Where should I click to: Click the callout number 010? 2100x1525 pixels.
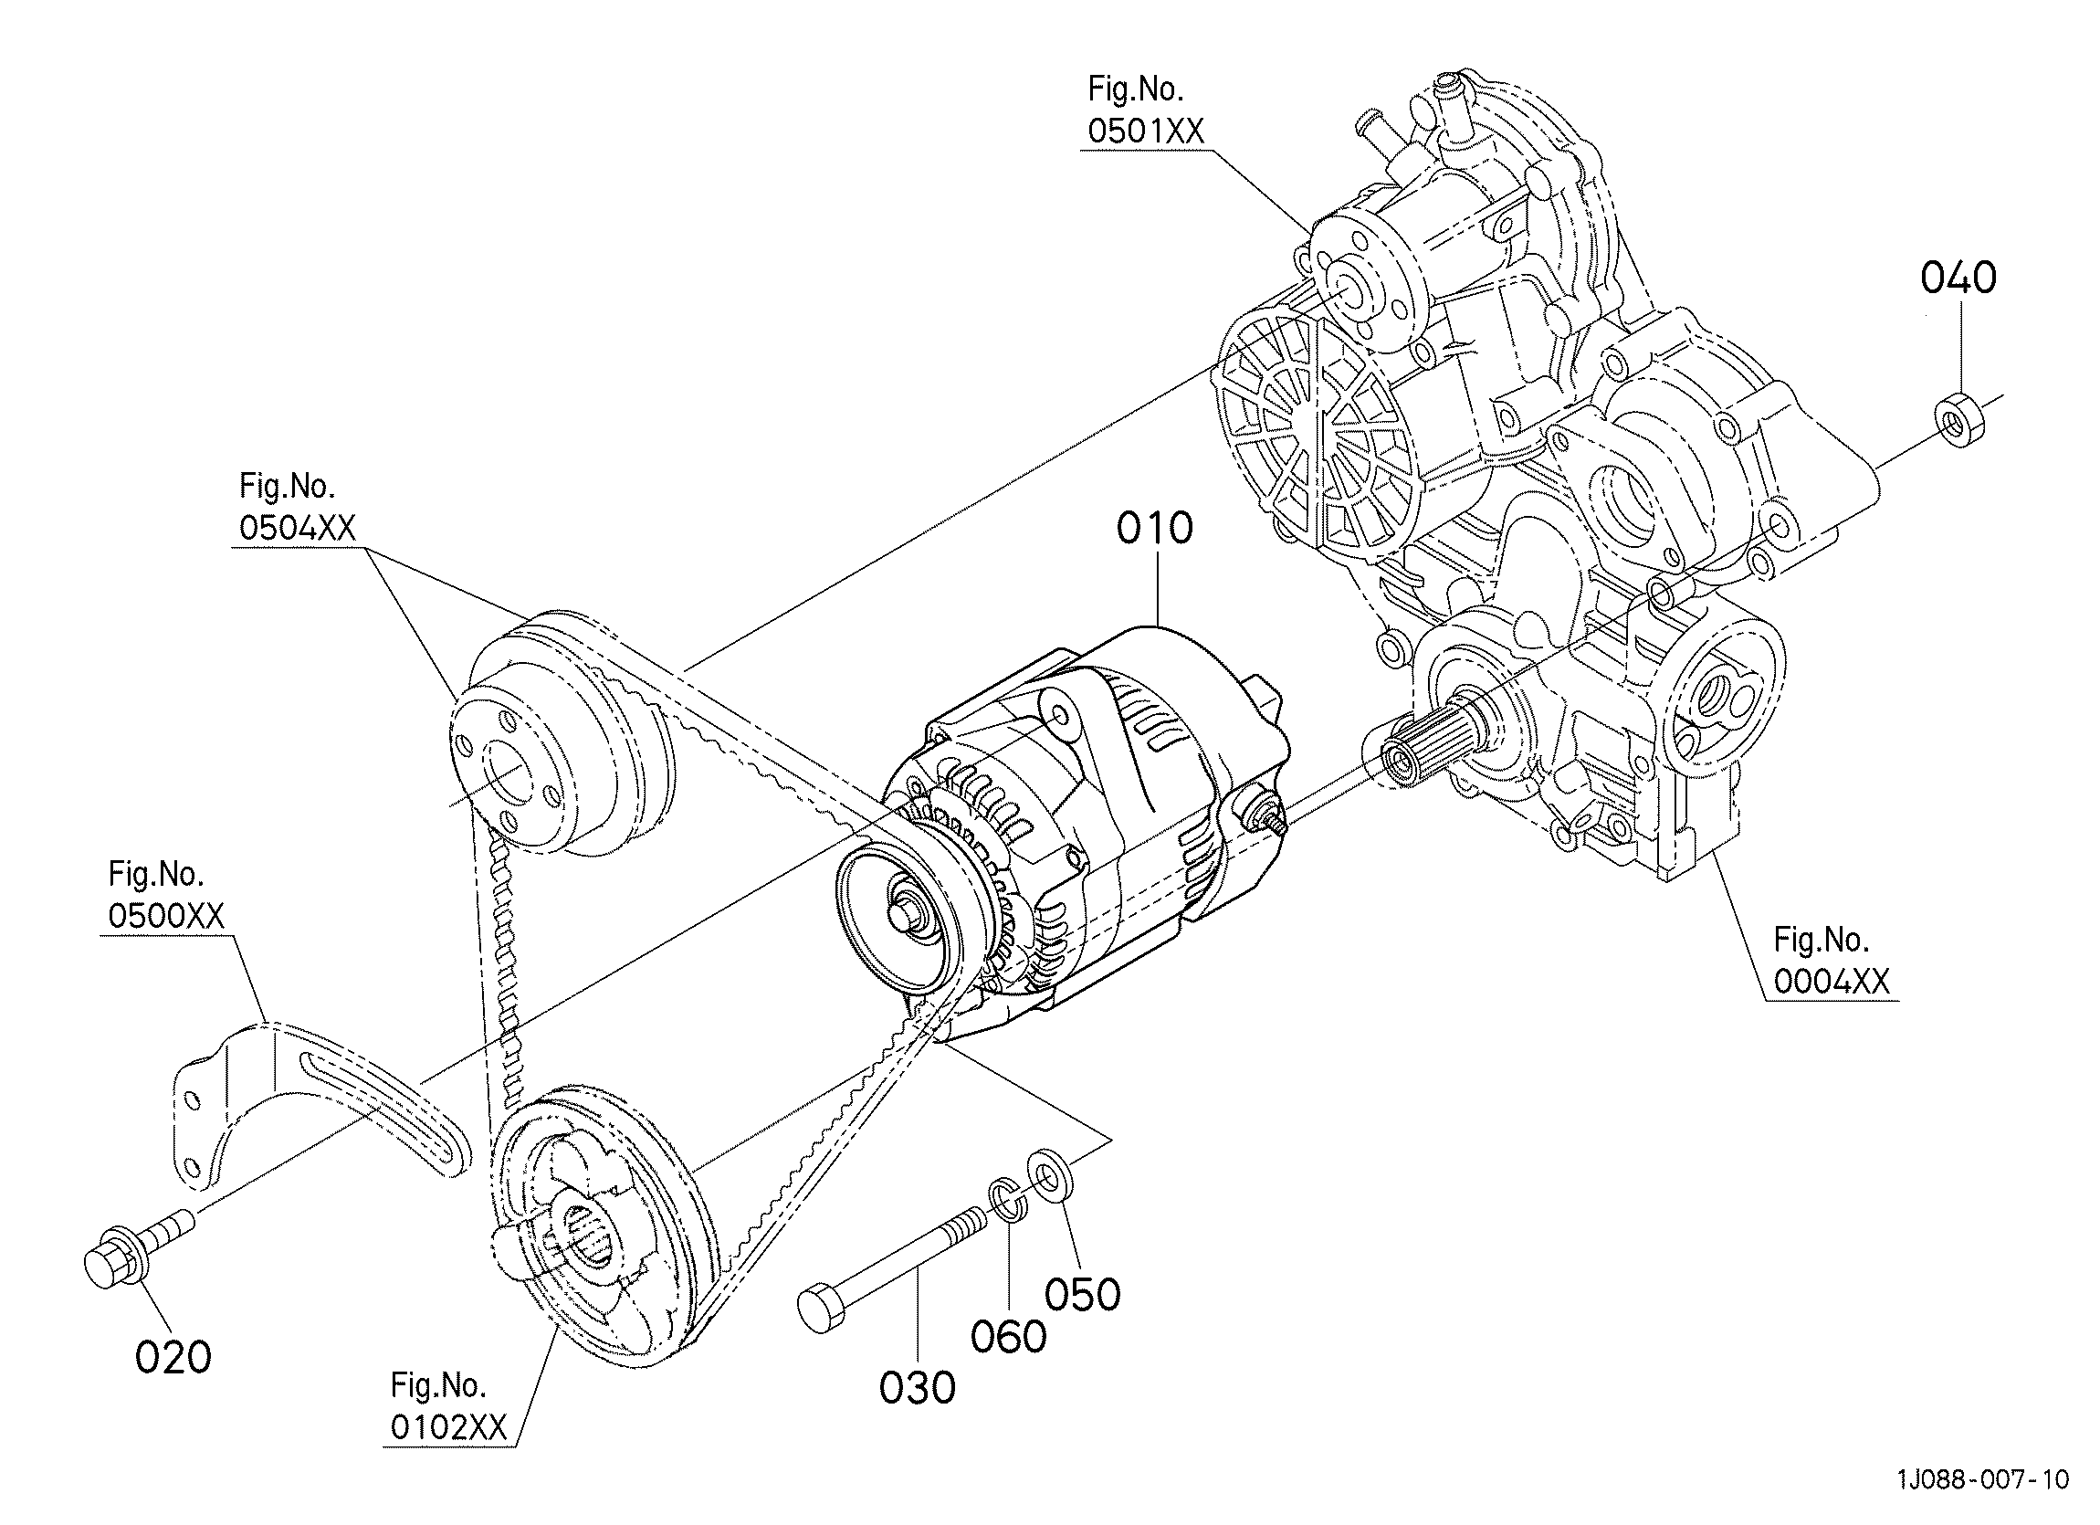click(x=1155, y=528)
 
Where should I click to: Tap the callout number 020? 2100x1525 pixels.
click(x=173, y=1357)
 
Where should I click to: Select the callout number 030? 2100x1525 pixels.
click(x=917, y=1388)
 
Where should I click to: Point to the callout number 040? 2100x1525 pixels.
click(x=1958, y=278)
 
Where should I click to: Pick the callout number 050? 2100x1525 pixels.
click(x=1082, y=1295)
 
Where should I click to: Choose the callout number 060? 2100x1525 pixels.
click(x=1008, y=1337)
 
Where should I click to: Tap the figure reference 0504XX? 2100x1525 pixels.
click(x=298, y=528)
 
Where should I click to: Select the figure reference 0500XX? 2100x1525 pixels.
click(x=166, y=916)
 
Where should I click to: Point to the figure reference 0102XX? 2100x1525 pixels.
click(x=449, y=1428)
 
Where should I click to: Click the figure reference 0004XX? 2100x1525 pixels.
click(x=1832, y=981)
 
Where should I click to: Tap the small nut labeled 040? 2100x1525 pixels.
click(x=1959, y=420)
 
